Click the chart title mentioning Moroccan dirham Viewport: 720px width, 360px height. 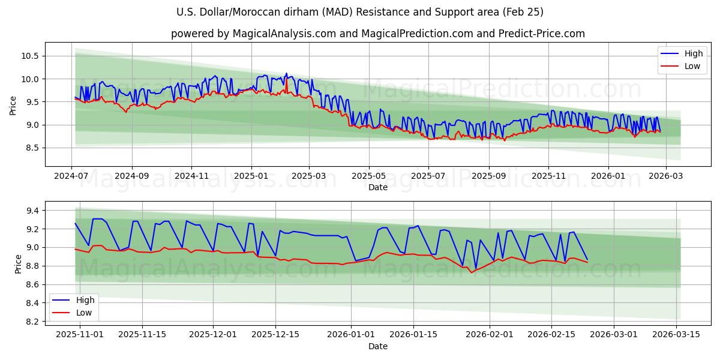click(360, 12)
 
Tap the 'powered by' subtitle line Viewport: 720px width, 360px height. click(378, 34)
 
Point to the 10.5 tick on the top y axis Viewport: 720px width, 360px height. click(31, 56)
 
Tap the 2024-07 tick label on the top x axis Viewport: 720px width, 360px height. click(72, 176)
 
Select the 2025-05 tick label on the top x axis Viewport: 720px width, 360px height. click(368, 176)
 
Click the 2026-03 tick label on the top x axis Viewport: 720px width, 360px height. click(666, 176)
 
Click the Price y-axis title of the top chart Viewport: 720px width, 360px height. click(13, 106)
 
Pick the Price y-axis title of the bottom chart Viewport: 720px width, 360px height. click(18, 264)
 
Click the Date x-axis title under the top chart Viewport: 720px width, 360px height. click(378, 187)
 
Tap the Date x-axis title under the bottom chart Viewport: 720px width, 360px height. click(378, 346)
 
